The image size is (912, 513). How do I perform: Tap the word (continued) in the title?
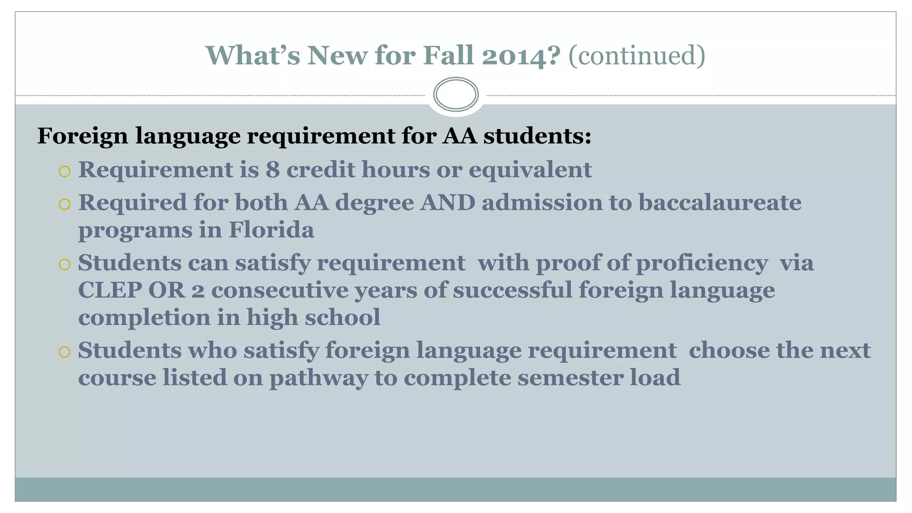(637, 56)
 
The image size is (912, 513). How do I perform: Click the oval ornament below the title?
(456, 94)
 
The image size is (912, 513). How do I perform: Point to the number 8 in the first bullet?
(273, 170)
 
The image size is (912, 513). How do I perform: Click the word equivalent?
(530, 170)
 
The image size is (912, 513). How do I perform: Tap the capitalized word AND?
(448, 203)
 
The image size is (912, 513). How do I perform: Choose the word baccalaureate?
(720, 203)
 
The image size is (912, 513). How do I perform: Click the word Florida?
(271, 230)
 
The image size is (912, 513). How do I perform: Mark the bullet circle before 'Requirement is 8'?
(65, 171)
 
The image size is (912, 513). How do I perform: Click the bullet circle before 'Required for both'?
(65, 204)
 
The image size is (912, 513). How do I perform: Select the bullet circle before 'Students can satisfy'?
(65, 265)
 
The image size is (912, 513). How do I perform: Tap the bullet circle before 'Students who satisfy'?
(65, 352)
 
